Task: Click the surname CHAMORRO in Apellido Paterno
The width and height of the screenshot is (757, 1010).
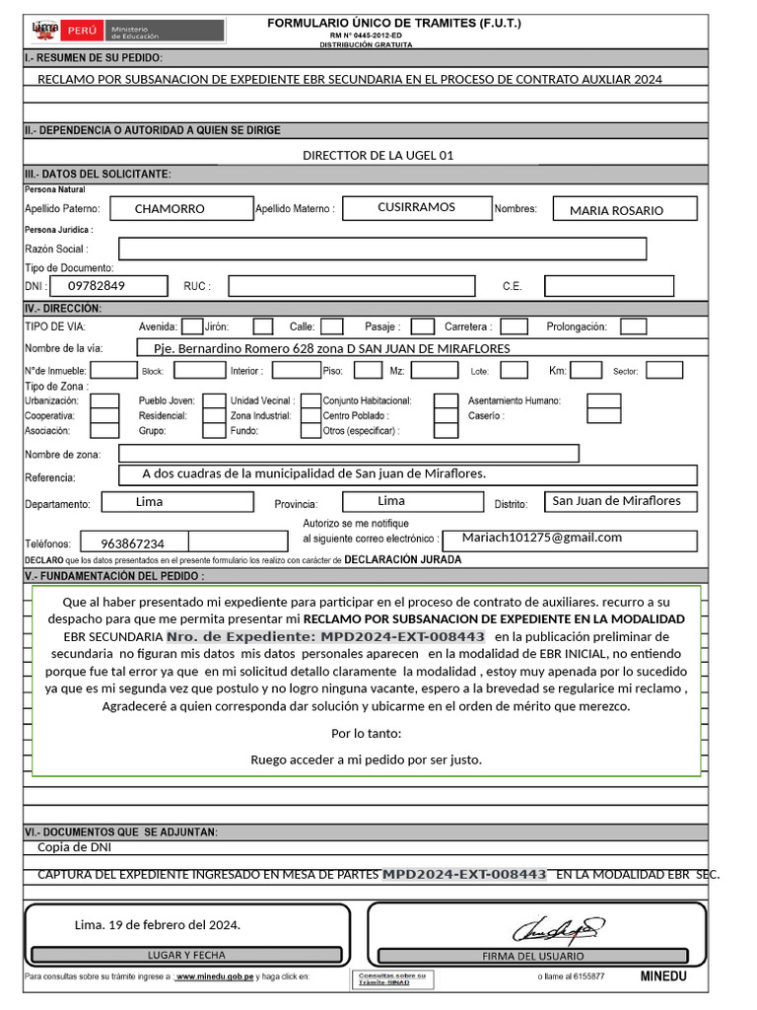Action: click(x=170, y=209)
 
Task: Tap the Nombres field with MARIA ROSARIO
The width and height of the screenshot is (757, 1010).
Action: click(x=617, y=210)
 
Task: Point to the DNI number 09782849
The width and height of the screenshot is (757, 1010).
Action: click(x=97, y=286)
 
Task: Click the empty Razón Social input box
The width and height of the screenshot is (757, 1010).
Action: click(x=382, y=250)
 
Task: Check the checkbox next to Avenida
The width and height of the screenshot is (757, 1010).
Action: click(x=192, y=326)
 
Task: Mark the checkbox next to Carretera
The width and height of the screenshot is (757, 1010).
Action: click(x=515, y=326)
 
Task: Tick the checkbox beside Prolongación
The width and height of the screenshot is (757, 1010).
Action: click(x=634, y=326)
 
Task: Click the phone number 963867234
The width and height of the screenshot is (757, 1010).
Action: click(x=132, y=543)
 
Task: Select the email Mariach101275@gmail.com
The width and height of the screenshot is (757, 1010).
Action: click(x=543, y=538)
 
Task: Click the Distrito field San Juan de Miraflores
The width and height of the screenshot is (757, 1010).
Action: click(x=616, y=501)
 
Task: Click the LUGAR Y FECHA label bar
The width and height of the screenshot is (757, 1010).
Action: click(x=186, y=955)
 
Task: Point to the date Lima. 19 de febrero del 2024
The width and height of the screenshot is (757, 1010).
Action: click(x=158, y=925)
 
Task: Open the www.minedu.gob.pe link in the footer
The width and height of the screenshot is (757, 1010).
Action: click(x=214, y=976)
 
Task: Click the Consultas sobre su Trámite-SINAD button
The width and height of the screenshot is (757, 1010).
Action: click(x=391, y=979)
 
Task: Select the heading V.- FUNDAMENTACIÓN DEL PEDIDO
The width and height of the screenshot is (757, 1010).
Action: click(x=114, y=575)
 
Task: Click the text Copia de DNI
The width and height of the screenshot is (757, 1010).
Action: click(x=74, y=846)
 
